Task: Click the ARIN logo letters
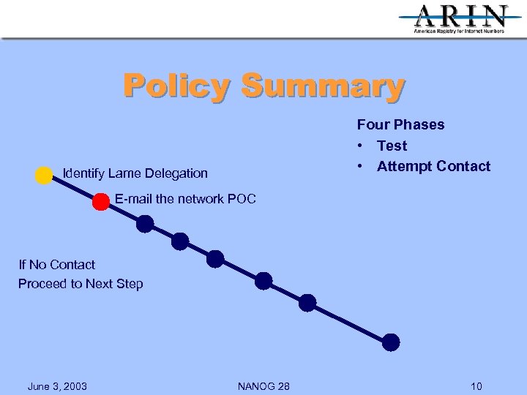(460, 15)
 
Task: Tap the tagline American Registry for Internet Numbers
(460, 31)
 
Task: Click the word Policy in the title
(176, 86)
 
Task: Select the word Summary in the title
(322, 86)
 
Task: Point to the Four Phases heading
(400, 124)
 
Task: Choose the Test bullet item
(392, 146)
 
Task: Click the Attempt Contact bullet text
(433, 166)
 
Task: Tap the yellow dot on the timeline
(44, 176)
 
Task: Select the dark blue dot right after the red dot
(146, 224)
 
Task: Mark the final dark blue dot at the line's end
(392, 342)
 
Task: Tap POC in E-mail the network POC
(242, 198)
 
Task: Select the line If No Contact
(57, 264)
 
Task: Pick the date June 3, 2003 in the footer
(57, 386)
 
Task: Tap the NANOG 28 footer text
(263, 386)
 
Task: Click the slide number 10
(476, 386)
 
